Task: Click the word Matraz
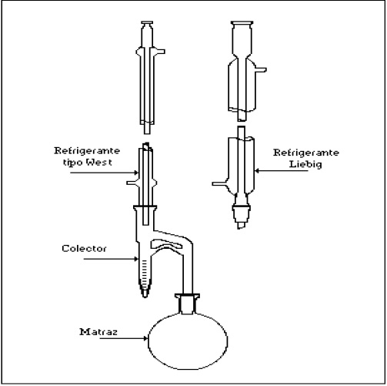tap(98, 332)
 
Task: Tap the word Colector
tap(84, 248)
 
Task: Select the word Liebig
tap(305, 164)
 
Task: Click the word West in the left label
tap(99, 162)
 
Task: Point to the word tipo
tap(73, 163)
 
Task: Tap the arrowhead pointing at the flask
tap(145, 338)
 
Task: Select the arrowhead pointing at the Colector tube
tap(136, 259)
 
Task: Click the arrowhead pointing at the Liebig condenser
tap(257, 171)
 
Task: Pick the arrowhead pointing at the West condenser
tap(136, 173)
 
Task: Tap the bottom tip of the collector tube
tap(145, 296)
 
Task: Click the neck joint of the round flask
tap(188, 304)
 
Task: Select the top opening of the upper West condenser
tap(147, 22)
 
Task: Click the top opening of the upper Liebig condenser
tap(242, 23)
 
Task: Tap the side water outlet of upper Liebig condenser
tap(261, 69)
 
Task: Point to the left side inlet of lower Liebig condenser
tap(219, 184)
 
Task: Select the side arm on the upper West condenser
tap(159, 52)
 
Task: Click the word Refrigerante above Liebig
tap(306, 153)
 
